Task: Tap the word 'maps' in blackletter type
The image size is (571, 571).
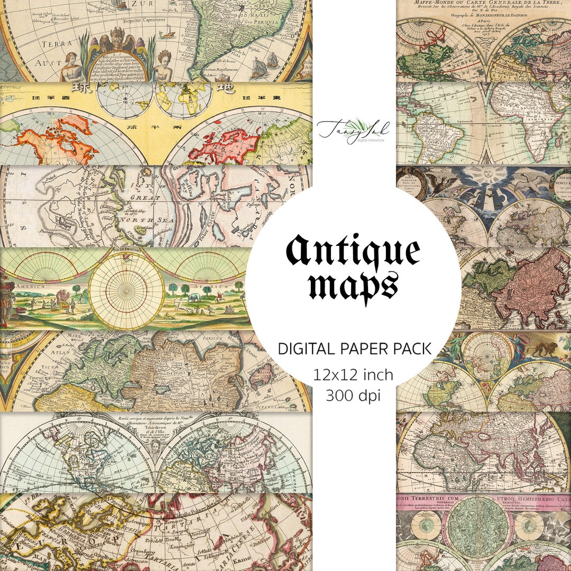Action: (x=353, y=286)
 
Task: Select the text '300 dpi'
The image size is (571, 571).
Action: (x=353, y=395)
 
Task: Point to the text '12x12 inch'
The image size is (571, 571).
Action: (x=353, y=375)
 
